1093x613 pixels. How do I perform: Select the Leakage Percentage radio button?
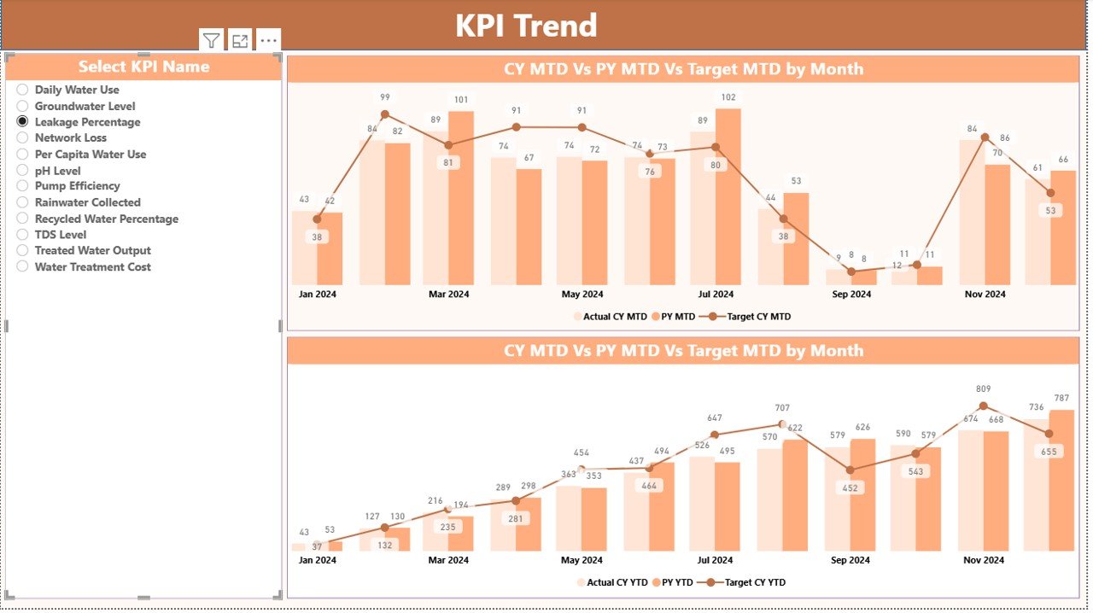23,122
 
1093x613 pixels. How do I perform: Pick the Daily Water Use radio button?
23,90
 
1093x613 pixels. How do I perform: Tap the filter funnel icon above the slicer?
212,40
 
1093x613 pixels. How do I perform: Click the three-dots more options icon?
268,40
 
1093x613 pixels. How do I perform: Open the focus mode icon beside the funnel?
240,40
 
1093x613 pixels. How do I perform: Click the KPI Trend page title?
525,26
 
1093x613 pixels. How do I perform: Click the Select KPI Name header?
143,67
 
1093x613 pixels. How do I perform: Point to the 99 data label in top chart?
385,97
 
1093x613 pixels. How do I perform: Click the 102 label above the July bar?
728,97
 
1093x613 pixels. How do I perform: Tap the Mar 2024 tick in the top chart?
448,295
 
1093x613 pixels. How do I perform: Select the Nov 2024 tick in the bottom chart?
984,561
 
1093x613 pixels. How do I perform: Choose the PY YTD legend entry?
675,583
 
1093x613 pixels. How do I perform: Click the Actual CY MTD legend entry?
610,317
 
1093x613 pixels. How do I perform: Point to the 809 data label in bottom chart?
984,389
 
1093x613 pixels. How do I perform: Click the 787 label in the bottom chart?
1061,398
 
